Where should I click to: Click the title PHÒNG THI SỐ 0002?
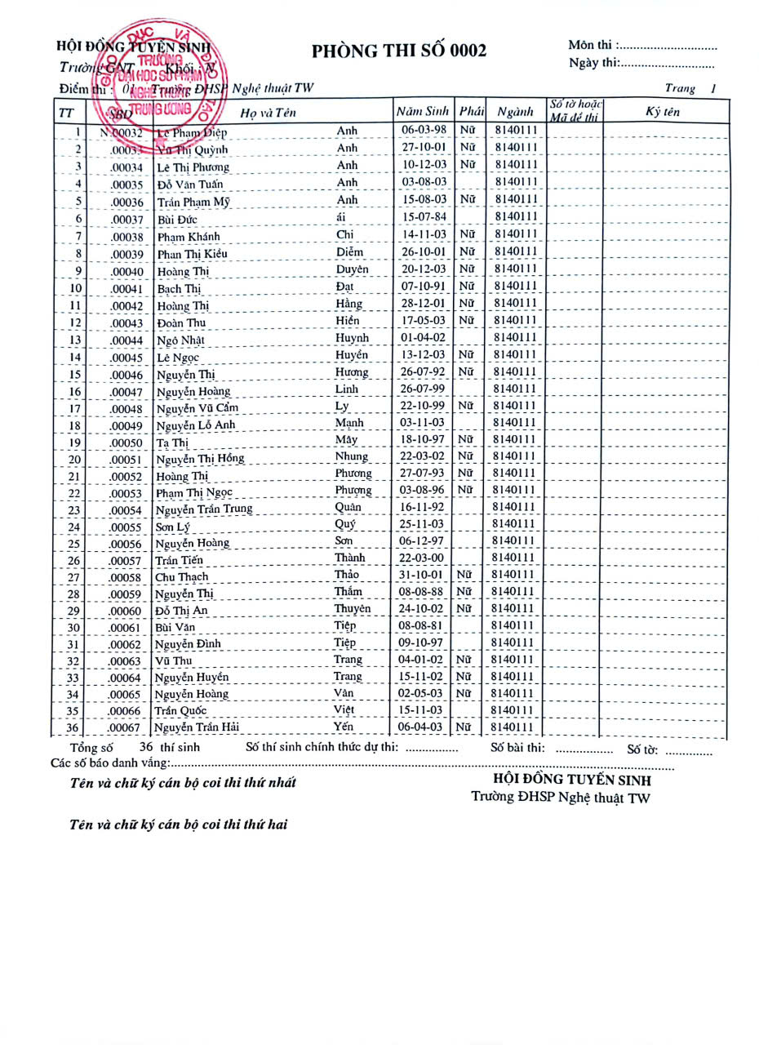(x=398, y=51)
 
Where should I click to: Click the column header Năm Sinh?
(x=423, y=111)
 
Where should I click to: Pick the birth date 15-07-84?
(x=424, y=217)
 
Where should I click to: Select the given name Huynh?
(x=352, y=338)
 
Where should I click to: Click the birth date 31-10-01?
(x=424, y=575)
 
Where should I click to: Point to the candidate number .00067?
(x=126, y=728)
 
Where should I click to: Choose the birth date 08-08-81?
(x=424, y=626)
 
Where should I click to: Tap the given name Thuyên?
(x=352, y=609)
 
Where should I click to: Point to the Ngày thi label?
(x=593, y=63)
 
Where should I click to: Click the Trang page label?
(x=680, y=88)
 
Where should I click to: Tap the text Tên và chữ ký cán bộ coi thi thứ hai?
(x=179, y=825)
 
